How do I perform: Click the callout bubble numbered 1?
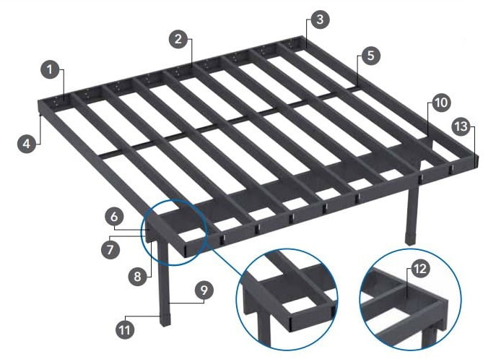click(x=51, y=69)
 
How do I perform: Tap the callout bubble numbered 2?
click(x=178, y=39)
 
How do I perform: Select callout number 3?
click(x=320, y=20)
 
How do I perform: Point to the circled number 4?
click(x=27, y=144)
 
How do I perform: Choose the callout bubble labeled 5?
click(x=370, y=56)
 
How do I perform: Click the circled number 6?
click(x=114, y=217)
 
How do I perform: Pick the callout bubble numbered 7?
click(x=110, y=249)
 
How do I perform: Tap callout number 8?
click(x=137, y=277)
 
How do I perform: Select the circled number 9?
click(x=204, y=290)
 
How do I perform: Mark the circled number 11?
click(x=125, y=330)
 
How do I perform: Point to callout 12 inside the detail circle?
click(x=420, y=269)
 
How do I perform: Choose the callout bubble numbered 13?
click(x=461, y=126)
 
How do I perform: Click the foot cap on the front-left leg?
click(x=165, y=320)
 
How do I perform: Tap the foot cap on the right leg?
click(x=410, y=238)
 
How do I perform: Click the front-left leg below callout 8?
click(x=164, y=279)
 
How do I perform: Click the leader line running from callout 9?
click(x=187, y=302)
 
